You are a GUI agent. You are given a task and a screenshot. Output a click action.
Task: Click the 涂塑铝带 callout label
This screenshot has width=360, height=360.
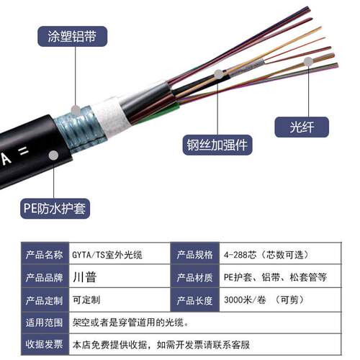click(72, 36)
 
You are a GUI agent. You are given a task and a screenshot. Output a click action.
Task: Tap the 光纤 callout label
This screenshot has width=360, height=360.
click(302, 127)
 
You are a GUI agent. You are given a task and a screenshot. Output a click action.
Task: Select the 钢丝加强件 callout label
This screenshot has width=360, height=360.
click(217, 145)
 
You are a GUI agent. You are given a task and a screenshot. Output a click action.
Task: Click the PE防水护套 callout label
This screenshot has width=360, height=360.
click(55, 208)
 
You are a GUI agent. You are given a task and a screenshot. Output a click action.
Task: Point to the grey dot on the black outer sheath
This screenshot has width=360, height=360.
click(53, 156)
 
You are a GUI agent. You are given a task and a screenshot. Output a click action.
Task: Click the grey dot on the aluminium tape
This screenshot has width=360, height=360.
click(76, 110)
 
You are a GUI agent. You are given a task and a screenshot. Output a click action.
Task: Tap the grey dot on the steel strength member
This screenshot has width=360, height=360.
click(218, 74)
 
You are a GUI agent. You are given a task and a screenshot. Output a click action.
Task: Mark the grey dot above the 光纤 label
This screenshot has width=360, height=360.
click(308, 62)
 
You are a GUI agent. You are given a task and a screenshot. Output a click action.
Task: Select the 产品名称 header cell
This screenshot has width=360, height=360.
click(45, 254)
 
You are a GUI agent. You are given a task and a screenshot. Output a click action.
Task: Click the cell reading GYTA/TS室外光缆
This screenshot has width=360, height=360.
click(107, 255)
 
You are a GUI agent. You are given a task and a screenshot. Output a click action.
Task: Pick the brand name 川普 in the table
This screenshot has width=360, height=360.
click(85, 277)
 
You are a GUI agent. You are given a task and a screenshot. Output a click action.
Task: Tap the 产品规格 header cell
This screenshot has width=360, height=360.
click(195, 254)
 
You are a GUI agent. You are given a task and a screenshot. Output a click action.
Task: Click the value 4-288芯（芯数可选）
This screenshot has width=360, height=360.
click(266, 255)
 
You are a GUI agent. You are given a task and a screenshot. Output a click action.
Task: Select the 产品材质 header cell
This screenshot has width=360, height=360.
click(195, 277)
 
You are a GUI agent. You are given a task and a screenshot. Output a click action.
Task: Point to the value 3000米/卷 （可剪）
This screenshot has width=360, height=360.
click(264, 300)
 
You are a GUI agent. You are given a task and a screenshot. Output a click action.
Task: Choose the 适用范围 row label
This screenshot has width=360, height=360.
click(44, 323)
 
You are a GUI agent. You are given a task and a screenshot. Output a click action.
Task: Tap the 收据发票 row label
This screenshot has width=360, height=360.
click(44, 344)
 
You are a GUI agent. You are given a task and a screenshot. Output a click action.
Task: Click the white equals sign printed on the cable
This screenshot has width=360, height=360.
click(24, 151)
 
